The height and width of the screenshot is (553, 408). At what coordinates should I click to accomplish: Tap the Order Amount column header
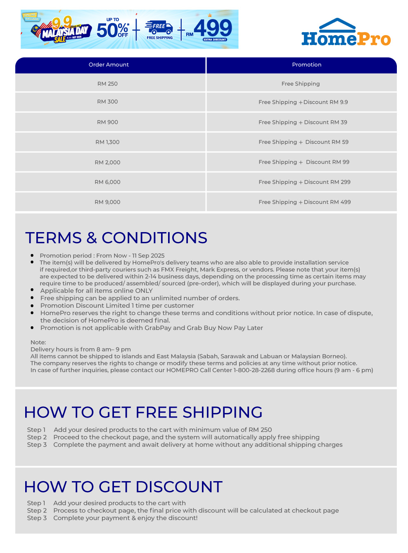[109, 65]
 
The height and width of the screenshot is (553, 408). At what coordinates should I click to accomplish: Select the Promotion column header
[306, 65]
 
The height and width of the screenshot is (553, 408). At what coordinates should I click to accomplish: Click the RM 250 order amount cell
[107, 84]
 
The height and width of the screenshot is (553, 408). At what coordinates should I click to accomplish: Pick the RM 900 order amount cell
[107, 122]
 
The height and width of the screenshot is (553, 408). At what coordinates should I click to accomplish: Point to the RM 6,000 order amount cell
[107, 182]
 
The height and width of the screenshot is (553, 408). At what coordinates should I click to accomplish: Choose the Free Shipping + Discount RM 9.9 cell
[303, 102]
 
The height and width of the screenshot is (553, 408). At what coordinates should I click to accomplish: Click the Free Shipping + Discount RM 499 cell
[304, 202]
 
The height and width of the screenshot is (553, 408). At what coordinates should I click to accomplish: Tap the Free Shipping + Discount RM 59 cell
[304, 142]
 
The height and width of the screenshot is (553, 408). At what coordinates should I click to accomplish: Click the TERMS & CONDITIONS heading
[116, 238]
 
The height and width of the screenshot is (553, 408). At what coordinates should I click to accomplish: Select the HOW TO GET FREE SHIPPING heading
[143, 412]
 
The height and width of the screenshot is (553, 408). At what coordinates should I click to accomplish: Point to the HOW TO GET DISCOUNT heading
[123, 487]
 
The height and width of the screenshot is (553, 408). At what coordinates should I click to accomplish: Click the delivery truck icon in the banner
[159, 27]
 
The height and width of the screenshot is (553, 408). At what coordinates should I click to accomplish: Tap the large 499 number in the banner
[213, 28]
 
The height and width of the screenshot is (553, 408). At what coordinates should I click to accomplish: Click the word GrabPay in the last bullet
[158, 328]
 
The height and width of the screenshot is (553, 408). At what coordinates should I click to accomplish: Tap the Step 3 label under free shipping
[37, 445]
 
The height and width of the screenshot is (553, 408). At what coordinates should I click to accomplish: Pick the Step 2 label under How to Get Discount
[37, 510]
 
